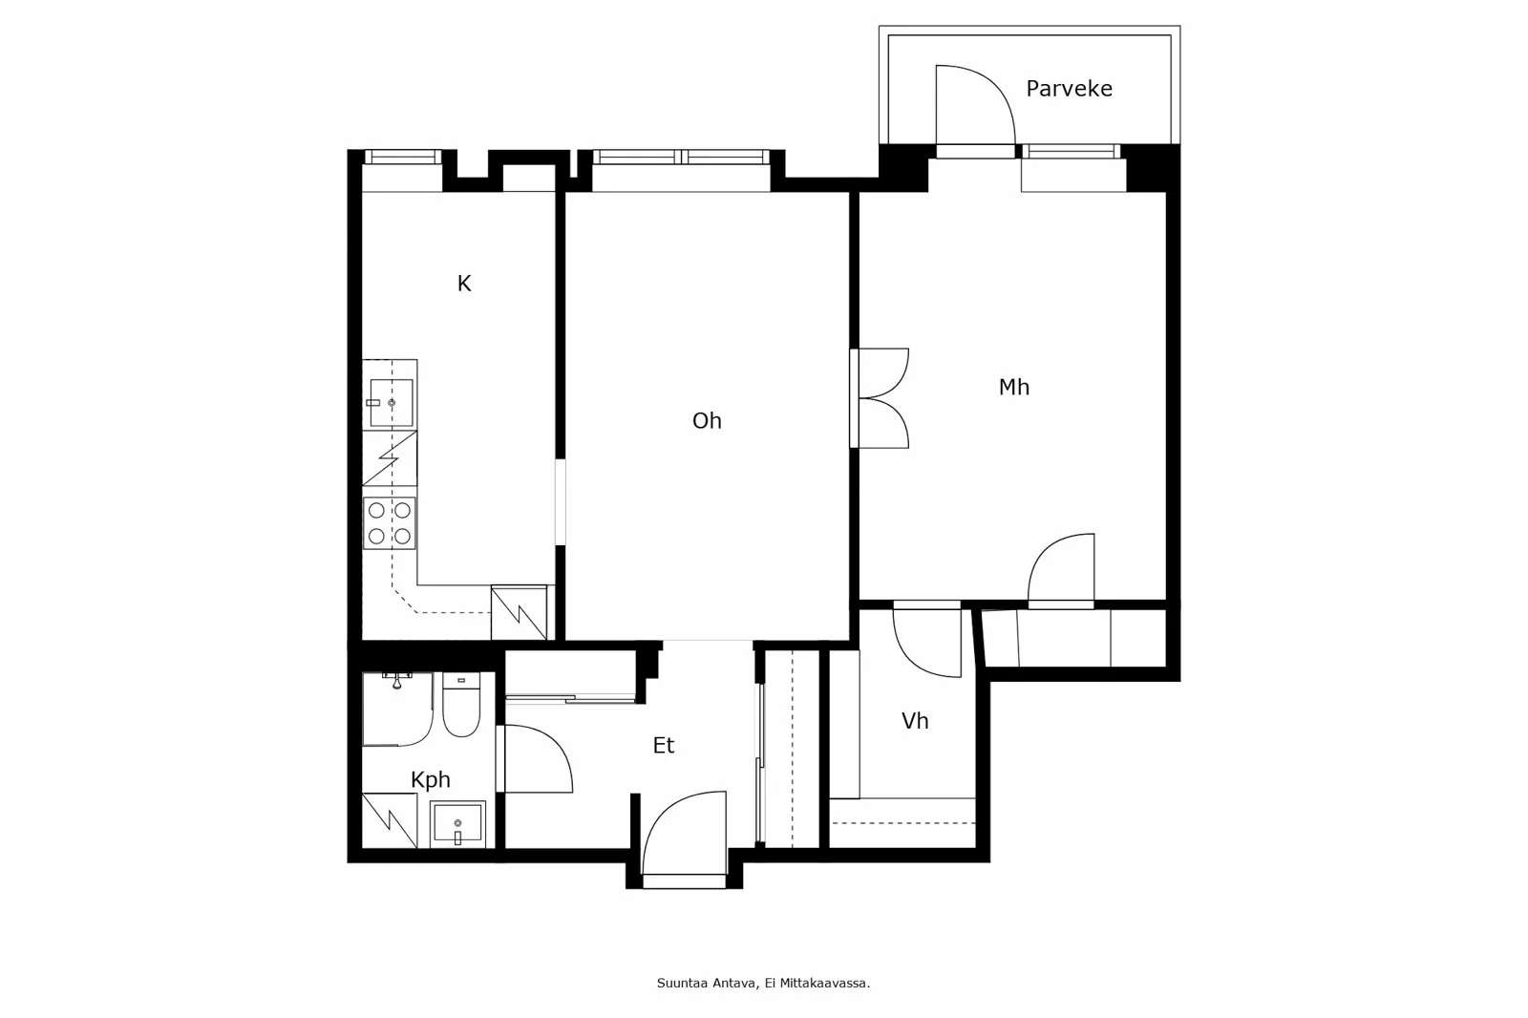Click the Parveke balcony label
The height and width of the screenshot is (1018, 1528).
[x=1069, y=89]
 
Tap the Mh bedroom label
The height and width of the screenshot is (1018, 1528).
[x=1013, y=387]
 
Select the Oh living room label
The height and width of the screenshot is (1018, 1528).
[x=707, y=421]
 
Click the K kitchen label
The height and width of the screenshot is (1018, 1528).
[x=464, y=284]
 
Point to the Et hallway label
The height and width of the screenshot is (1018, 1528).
[x=664, y=746]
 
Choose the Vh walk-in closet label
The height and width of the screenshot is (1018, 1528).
[x=915, y=721]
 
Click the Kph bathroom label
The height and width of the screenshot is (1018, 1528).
[x=430, y=780]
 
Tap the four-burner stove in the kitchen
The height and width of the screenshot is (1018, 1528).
[x=390, y=522]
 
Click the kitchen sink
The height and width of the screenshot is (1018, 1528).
[x=391, y=402]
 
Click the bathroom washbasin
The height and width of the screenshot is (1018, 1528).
[x=457, y=824]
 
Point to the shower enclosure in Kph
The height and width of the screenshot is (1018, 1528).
[x=396, y=709]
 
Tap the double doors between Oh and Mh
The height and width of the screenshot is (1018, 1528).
[x=881, y=398]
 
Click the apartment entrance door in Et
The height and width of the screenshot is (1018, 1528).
[x=684, y=836]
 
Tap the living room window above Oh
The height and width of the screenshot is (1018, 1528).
[x=681, y=158]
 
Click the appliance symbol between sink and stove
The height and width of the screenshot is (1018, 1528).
[x=390, y=459]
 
